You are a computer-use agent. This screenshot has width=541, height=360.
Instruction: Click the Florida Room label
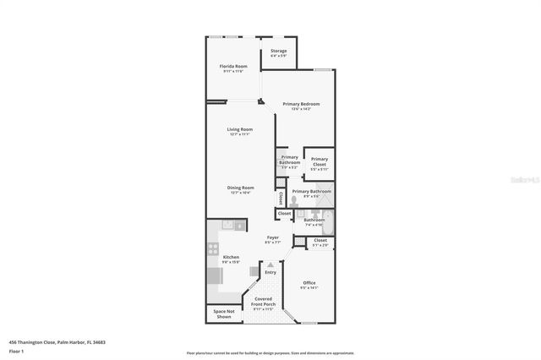[x=234, y=66]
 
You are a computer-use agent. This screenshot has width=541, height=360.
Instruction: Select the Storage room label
[x=278, y=51]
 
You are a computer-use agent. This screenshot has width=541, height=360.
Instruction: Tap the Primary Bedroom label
[x=302, y=104]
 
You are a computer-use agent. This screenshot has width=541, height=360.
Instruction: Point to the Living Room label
[x=239, y=129]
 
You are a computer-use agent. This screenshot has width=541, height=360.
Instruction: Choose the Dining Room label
[x=240, y=188]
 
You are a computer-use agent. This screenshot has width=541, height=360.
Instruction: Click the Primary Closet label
[x=319, y=159]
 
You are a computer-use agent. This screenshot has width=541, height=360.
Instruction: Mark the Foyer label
[x=273, y=237]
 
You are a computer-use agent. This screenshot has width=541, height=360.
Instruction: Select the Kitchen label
[x=231, y=257]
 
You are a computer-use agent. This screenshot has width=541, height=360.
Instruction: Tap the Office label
[x=309, y=283]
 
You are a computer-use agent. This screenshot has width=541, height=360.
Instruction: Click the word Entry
[x=270, y=272]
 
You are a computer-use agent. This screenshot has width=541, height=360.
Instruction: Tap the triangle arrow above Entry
[x=270, y=265]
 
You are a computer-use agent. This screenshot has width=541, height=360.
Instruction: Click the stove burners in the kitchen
[x=212, y=249]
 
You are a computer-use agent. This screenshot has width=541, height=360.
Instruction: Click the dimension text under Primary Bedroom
[x=302, y=109]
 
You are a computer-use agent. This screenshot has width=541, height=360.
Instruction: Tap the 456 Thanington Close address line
[x=57, y=342]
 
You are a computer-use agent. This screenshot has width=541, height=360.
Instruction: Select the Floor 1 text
[x=17, y=350]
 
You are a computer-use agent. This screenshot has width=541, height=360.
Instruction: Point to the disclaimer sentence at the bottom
[x=270, y=353]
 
